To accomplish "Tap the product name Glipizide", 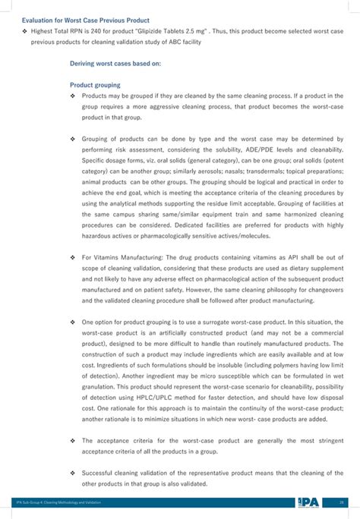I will coord(160,33).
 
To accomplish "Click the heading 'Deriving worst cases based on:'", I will coord(115,64).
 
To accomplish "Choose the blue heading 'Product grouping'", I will coord(95,86).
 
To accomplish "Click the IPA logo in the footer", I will coord(308,502).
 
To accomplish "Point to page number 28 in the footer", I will coord(343,502).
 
